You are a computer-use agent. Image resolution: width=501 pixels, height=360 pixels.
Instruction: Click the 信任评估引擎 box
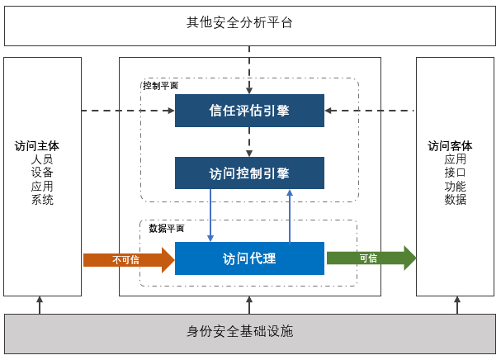pyautogui.click(x=249, y=111)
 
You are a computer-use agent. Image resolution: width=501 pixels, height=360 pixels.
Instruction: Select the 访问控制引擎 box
pyautogui.click(x=249, y=173)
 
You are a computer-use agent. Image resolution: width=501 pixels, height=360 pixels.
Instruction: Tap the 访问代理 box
pyautogui.click(x=249, y=258)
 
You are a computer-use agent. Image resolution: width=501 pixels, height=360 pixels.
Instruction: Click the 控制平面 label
pyautogui.click(x=160, y=85)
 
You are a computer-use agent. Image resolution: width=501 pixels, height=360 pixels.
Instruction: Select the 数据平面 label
pyautogui.click(x=167, y=229)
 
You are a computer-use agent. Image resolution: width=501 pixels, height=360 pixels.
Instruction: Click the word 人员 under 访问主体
pyautogui.click(x=42, y=159)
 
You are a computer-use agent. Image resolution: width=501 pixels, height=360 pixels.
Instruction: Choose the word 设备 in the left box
pyautogui.click(x=42, y=173)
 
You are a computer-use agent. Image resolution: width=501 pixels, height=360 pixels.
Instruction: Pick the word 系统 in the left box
pyautogui.click(x=42, y=199)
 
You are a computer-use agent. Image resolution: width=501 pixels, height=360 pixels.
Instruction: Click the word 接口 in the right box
pyautogui.click(x=455, y=173)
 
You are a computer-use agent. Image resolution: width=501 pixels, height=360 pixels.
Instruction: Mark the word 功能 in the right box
pyautogui.click(x=455, y=186)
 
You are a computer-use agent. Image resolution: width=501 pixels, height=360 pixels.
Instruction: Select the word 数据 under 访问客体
pyautogui.click(x=455, y=199)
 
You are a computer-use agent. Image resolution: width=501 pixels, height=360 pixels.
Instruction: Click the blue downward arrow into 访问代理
pyautogui.click(x=211, y=215)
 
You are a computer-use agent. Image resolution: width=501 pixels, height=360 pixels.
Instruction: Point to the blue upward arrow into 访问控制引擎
pyautogui.click(x=290, y=215)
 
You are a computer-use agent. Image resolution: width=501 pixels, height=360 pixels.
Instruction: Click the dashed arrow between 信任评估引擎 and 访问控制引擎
pyautogui.click(x=249, y=142)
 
